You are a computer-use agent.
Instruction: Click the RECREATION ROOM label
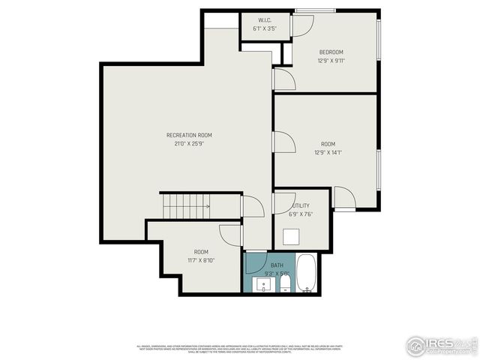(184, 135)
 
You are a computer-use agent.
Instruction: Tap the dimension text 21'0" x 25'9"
(184, 143)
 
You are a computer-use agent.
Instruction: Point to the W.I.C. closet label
(265, 20)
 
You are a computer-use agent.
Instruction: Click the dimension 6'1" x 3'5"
(265, 28)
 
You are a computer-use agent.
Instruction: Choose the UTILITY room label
(301, 205)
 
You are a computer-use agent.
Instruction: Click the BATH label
(277, 265)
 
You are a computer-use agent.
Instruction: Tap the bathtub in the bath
(307, 274)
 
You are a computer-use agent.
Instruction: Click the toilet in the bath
(285, 287)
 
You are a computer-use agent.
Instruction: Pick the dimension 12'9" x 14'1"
(328, 152)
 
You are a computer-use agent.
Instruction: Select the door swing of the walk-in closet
(301, 25)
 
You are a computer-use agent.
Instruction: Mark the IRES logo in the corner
(440, 344)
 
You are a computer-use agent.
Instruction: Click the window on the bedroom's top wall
(304, 10)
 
